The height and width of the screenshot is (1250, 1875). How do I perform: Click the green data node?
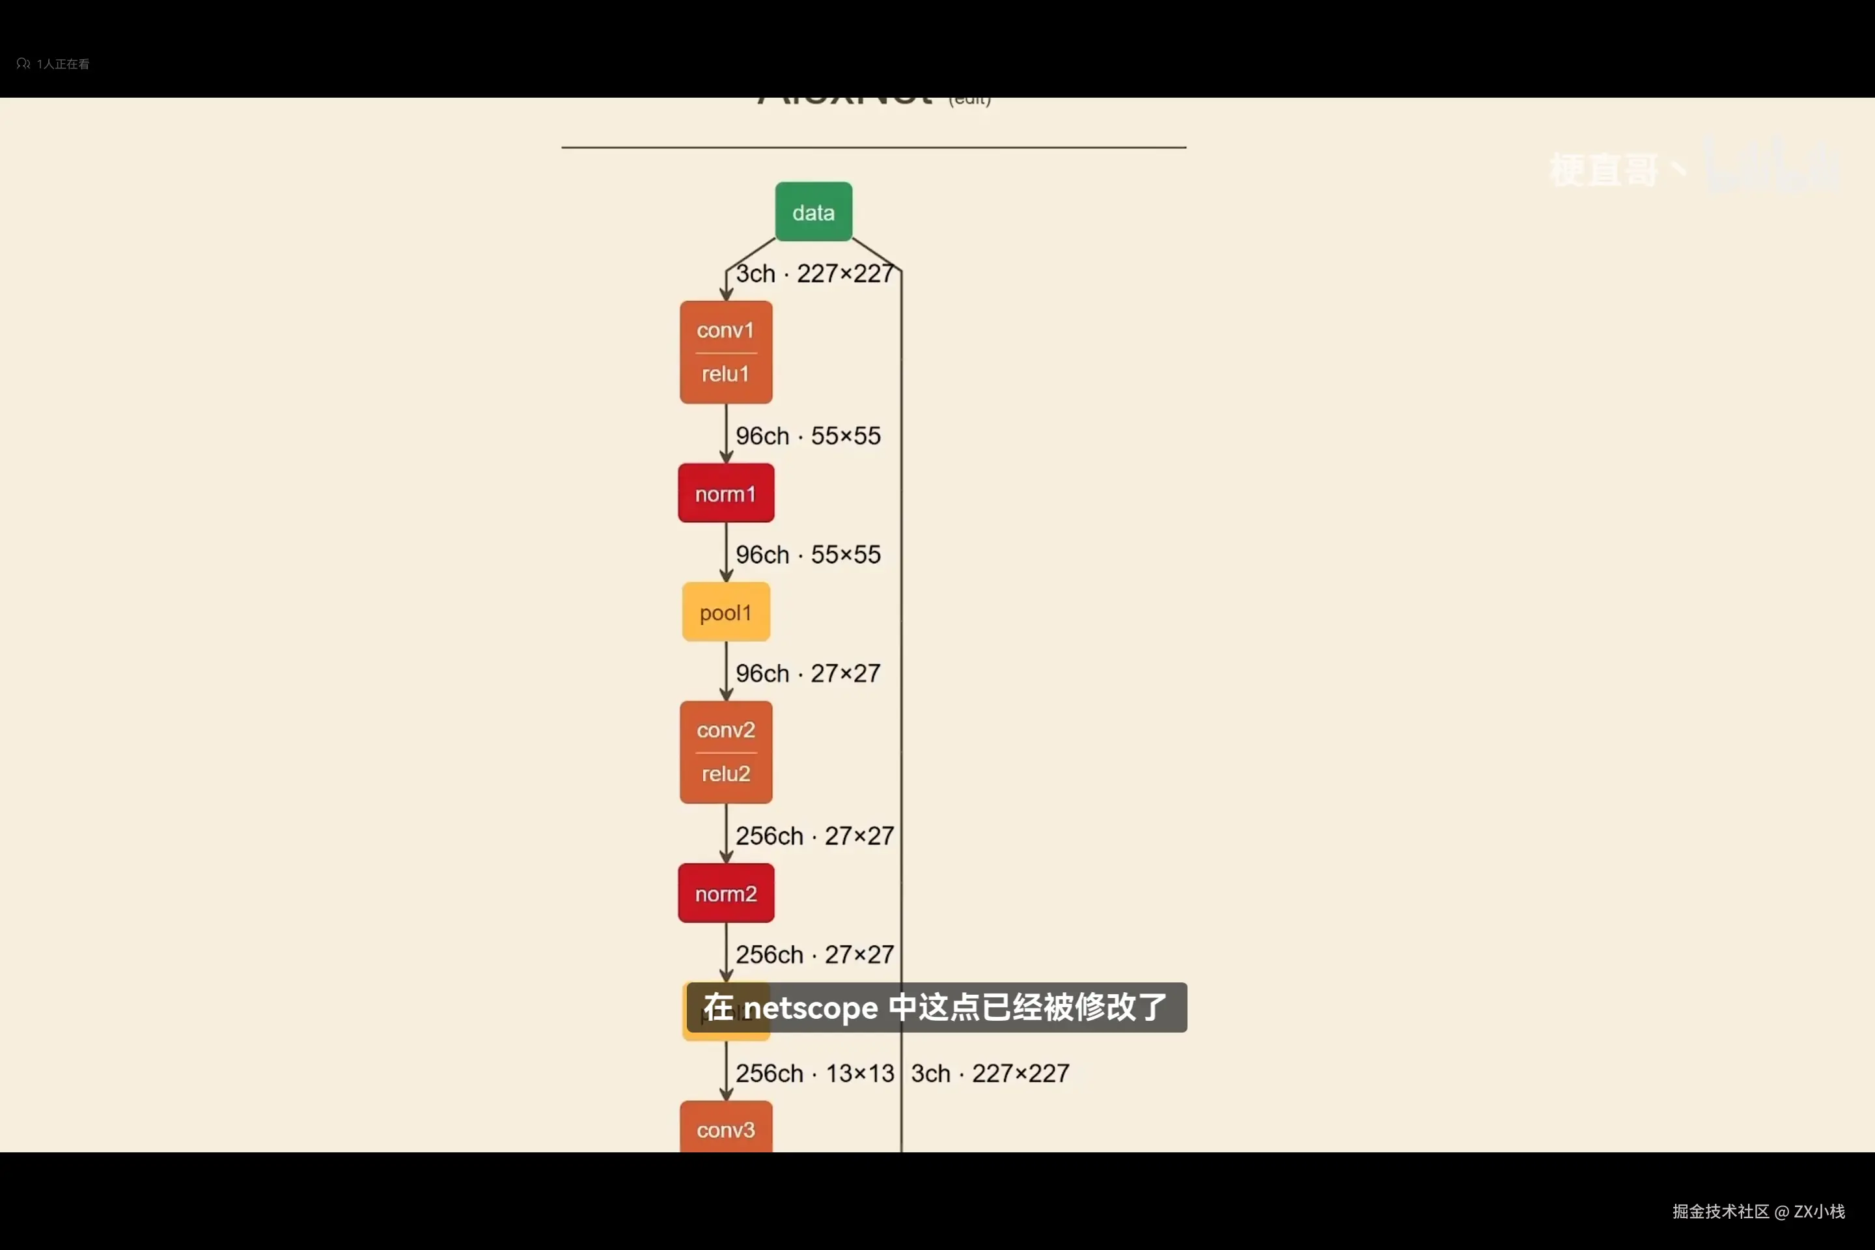tap(813, 212)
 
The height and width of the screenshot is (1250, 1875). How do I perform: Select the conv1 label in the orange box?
tap(725, 330)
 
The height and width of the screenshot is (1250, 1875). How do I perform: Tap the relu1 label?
tap(725, 374)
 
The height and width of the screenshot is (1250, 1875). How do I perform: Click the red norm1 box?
tap(725, 493)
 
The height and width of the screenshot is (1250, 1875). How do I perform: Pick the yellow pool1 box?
tap(725, 612)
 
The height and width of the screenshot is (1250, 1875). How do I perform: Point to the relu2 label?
tap(725, 773)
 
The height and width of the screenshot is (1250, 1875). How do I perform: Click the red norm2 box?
tap(725, 894)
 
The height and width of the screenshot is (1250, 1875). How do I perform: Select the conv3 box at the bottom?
tap(725, 1129)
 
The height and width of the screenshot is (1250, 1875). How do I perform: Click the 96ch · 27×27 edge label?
tap(807, 674)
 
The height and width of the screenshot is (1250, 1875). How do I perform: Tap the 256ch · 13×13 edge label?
tap(814, 1074)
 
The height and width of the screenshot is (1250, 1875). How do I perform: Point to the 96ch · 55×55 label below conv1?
tap(807, 436)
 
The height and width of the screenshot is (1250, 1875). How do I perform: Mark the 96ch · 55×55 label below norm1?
tap(807, 555)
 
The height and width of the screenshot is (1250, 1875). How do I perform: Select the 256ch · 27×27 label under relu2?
tap(814, 836)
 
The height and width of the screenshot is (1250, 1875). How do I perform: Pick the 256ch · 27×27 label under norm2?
tap(814, 955)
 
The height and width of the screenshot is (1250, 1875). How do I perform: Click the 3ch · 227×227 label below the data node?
tap(814, 273)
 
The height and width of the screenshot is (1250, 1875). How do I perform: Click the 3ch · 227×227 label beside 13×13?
tap(990, 1074)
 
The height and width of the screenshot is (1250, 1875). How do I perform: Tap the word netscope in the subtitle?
tap(811, 1008)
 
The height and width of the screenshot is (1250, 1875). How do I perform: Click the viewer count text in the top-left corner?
tap(62, 64)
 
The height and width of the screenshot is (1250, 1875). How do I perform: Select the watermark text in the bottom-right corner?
tap(1758, 1212)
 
